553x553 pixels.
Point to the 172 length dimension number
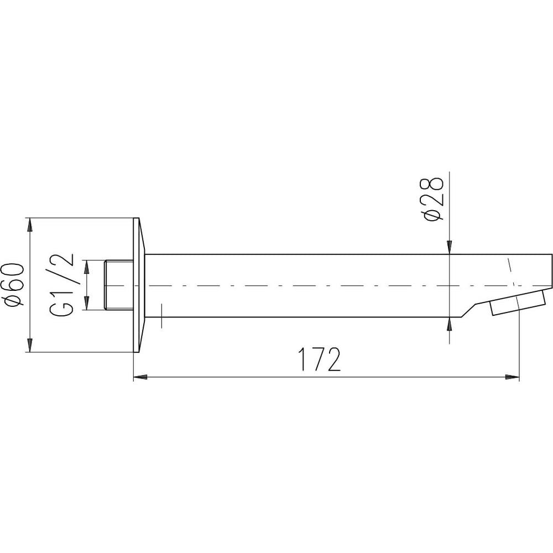pos(320,359)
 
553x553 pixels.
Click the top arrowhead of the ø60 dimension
pos(30,225)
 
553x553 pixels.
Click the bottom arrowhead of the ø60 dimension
pos(30,345)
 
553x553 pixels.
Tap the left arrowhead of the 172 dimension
pos(140,377)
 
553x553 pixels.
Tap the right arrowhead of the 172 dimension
pos(513,377)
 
